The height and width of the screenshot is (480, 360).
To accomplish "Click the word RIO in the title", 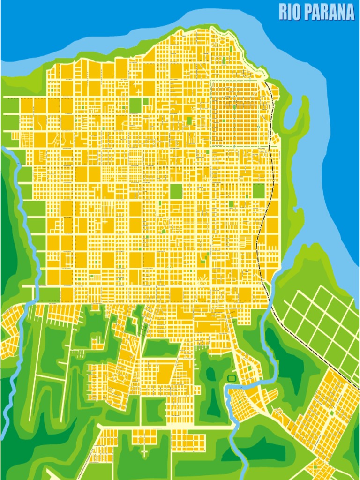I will (290, 12).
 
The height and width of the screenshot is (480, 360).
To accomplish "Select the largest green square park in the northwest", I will (135, 105).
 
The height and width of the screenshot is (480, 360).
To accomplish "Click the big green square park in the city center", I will (176, 191).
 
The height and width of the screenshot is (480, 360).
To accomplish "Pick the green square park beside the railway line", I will (259, 190).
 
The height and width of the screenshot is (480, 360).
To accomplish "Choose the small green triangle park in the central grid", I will (164, 231).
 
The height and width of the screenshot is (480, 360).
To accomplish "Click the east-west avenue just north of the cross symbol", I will (164, 427).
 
